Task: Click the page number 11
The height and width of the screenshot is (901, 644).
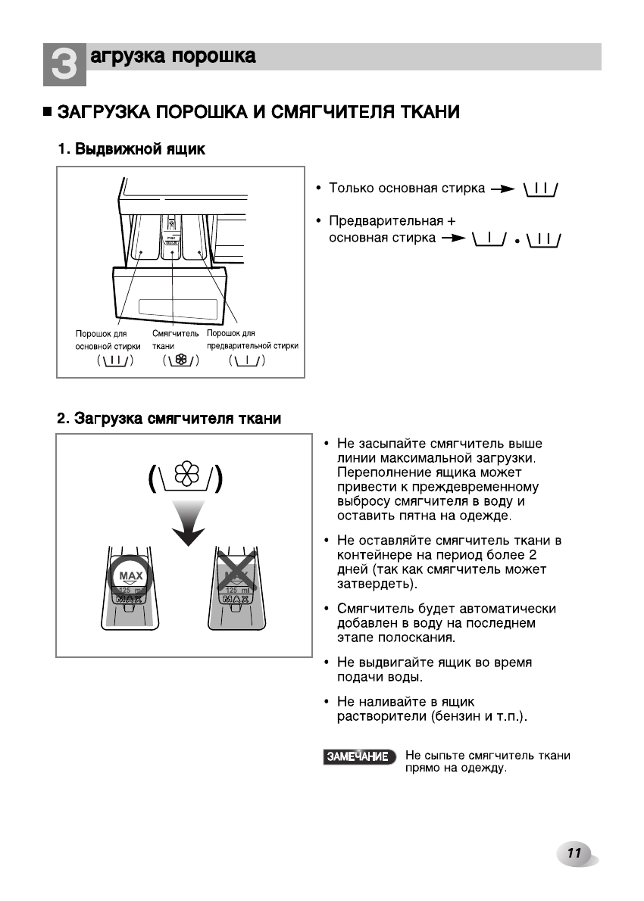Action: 574,853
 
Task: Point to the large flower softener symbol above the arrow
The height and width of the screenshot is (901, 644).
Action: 186,476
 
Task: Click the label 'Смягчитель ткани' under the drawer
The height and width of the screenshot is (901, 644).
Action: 175,339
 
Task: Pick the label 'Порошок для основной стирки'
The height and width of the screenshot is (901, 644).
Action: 107,339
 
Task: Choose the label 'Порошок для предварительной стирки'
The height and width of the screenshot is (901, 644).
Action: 252,339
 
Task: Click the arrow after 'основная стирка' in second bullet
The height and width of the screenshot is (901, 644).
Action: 452,239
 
